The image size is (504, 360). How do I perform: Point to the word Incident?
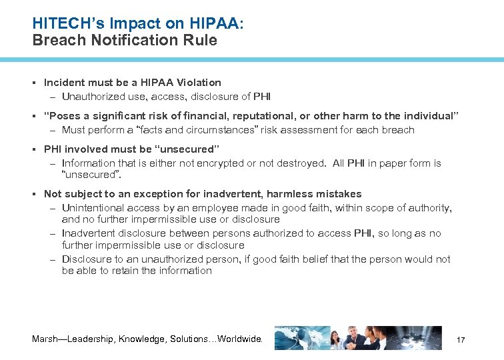coord(65,83)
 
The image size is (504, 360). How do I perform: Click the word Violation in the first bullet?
coord(199,83)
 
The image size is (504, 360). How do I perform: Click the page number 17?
coord(460,341)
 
